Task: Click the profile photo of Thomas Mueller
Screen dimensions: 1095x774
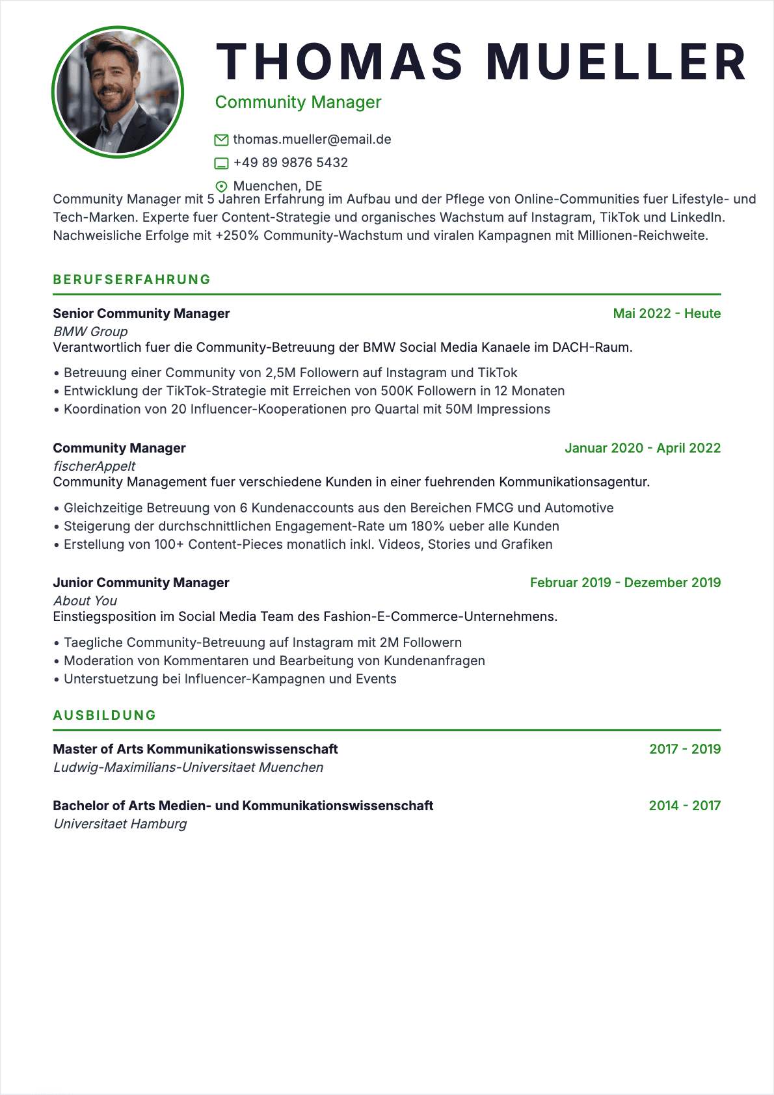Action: pyautogui.click(x=118, y=92)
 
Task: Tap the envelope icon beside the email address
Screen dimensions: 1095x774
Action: pyautogui.click(x=221, y=140)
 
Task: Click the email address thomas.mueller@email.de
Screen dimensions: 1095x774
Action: pyautogui.click(x=312, y=139)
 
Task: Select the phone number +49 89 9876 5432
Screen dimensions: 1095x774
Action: pyautogui.click(x=290, y=163)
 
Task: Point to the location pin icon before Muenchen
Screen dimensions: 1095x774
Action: pyautogui.click(x=221, y=186)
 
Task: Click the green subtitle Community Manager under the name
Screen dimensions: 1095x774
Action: pyautogui.click(x=298, y=102)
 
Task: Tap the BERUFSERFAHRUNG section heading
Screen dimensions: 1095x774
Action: pyautogui.click(x=132, y=280)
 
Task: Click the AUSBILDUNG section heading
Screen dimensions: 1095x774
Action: pyautogui.click(x=105, y=715)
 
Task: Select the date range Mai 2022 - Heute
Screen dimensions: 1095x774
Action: pyautogui.click(x=667, y=313)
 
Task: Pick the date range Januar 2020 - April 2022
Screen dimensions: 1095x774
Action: pyautogui.click(x=643, y=448)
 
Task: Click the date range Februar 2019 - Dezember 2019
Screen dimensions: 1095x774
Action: pyautogui.click(x=625, y=583)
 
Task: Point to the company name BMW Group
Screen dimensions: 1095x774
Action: pyautogui.click(x=90, y=332)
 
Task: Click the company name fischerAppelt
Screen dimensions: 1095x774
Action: pyautogui.click(x=94, y=466)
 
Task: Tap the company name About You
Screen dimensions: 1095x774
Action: pyautogui.click(x=85, y=601)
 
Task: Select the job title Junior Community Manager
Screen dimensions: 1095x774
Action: pyautogui.click(x=141, y=583)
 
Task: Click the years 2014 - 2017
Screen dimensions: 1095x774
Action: pyautogui.click(x=684, y=806)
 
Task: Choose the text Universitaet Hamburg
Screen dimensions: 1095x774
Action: pyautogui.click(x=120, y=824)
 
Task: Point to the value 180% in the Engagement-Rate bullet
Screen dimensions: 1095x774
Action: pyautogui.click(x=427, y=526)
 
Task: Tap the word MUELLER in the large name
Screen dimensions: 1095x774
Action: pyautogui.click(x=617, y=62)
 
